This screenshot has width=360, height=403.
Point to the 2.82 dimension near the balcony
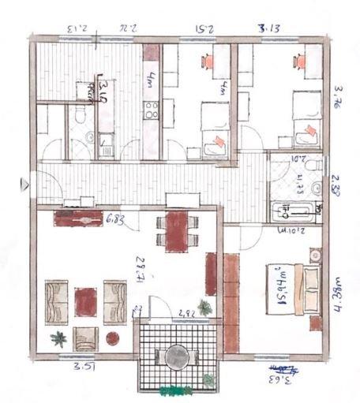pyautogui.click(x=186, y=313)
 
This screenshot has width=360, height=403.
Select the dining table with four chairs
pyautogui.click(x=174, y=229)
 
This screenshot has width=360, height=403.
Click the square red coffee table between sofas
pyautogui.click(x=85, y=299)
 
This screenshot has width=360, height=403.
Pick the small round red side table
pyautogui.click(x=112, y=338)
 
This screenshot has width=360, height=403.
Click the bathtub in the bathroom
pyautogui.click(x=295, y=211)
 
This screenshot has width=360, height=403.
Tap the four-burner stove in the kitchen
pyautogui.click(x=150, y=110)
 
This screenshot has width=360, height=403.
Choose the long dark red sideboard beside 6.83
pyautogui.click(x=80, y=217)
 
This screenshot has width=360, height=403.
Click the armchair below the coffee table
pyautogui.click(x=85, y=338)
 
